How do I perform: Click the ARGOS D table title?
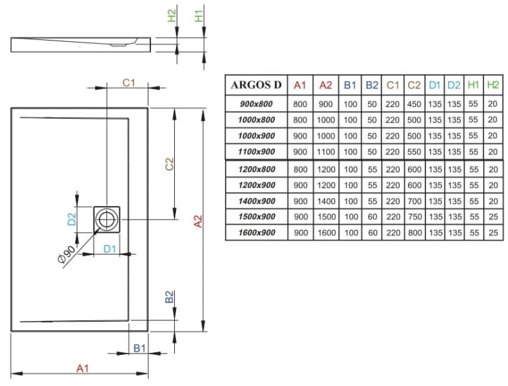(x=256, y=85)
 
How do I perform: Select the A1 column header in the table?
(x=300, y=85)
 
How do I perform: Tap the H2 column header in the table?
(x=493, y=85)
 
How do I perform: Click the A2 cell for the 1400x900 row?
(x=326, y=201)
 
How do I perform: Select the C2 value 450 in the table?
(x=414, y=104)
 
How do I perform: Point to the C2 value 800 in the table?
(x=414, y=233)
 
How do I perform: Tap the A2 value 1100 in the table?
(x=326, y=152)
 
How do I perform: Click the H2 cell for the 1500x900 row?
(x=493, y=217)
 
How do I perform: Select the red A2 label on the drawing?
(x=197, y=221)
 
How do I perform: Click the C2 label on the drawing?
(x=169, y=164)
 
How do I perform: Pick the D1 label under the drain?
(x=111, y=249)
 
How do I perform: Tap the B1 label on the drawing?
(x=140, y=347)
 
